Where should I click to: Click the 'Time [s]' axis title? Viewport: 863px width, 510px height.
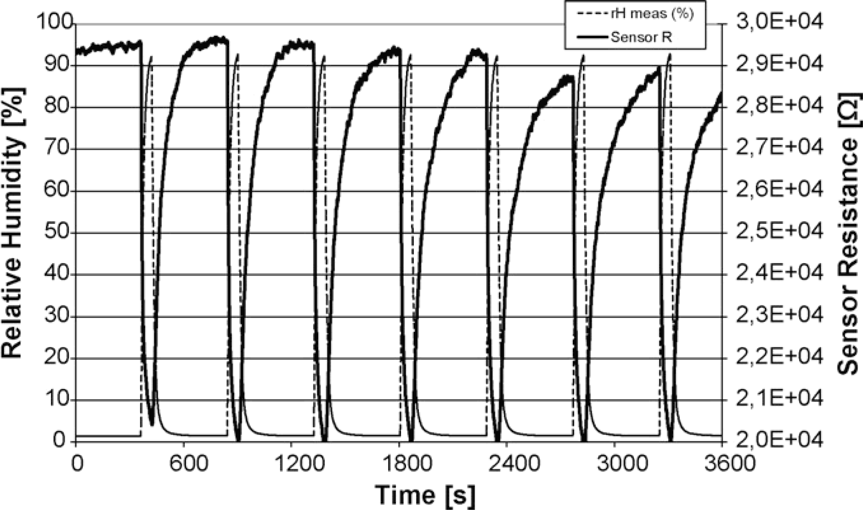(425, 495)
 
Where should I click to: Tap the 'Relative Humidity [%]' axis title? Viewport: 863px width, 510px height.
(14, 223)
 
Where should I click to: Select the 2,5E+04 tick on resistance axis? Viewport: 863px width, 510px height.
(779, 232)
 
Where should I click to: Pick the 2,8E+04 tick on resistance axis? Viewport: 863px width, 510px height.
(779, 107)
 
